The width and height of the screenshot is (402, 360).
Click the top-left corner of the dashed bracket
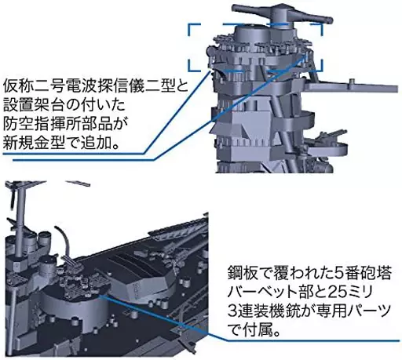pos(188,24)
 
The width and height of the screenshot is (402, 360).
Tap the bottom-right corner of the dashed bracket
pos(322,70)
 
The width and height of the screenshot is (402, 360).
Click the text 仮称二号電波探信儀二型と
pos(95,86)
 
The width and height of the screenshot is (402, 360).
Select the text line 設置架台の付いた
pos(64,105)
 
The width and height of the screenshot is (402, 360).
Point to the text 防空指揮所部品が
pos(65,124)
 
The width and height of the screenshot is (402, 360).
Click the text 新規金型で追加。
pos(62,143)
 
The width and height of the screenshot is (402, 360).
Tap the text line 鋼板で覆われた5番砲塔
pos(309,273)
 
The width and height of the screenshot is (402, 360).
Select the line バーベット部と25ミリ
pos(300,292)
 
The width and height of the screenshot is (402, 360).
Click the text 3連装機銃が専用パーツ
pos(309,311)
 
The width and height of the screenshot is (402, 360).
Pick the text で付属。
pos(254,330)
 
